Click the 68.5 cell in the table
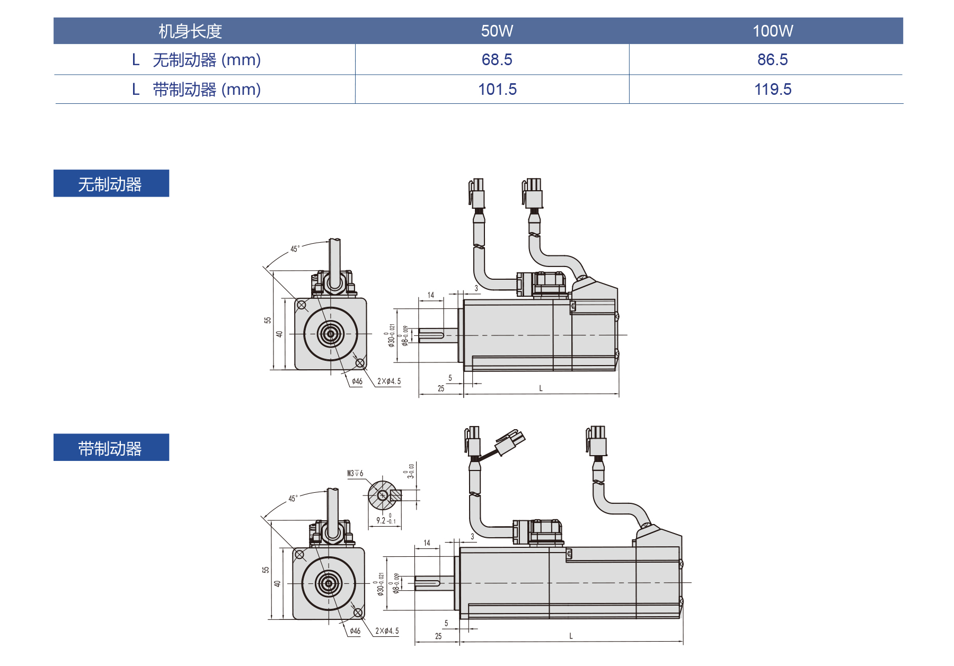coord(497,60)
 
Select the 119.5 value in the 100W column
coord(772,90)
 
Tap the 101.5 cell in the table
coord(497,90)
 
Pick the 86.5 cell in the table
coord(772,60)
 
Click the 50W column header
coord(497,31)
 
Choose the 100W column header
coord(772,31)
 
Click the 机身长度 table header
coord(190,31)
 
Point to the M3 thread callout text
coord(355,473)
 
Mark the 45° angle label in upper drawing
coord(295,248)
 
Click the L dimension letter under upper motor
coord(541,388)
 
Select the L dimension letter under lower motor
coord(571,636)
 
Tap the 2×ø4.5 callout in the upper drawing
coord(388,381)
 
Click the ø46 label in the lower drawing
coord(355,631)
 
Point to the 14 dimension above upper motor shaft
coord(430,295)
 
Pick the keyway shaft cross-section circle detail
coord(383,495)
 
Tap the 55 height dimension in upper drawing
coord(268,320)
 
